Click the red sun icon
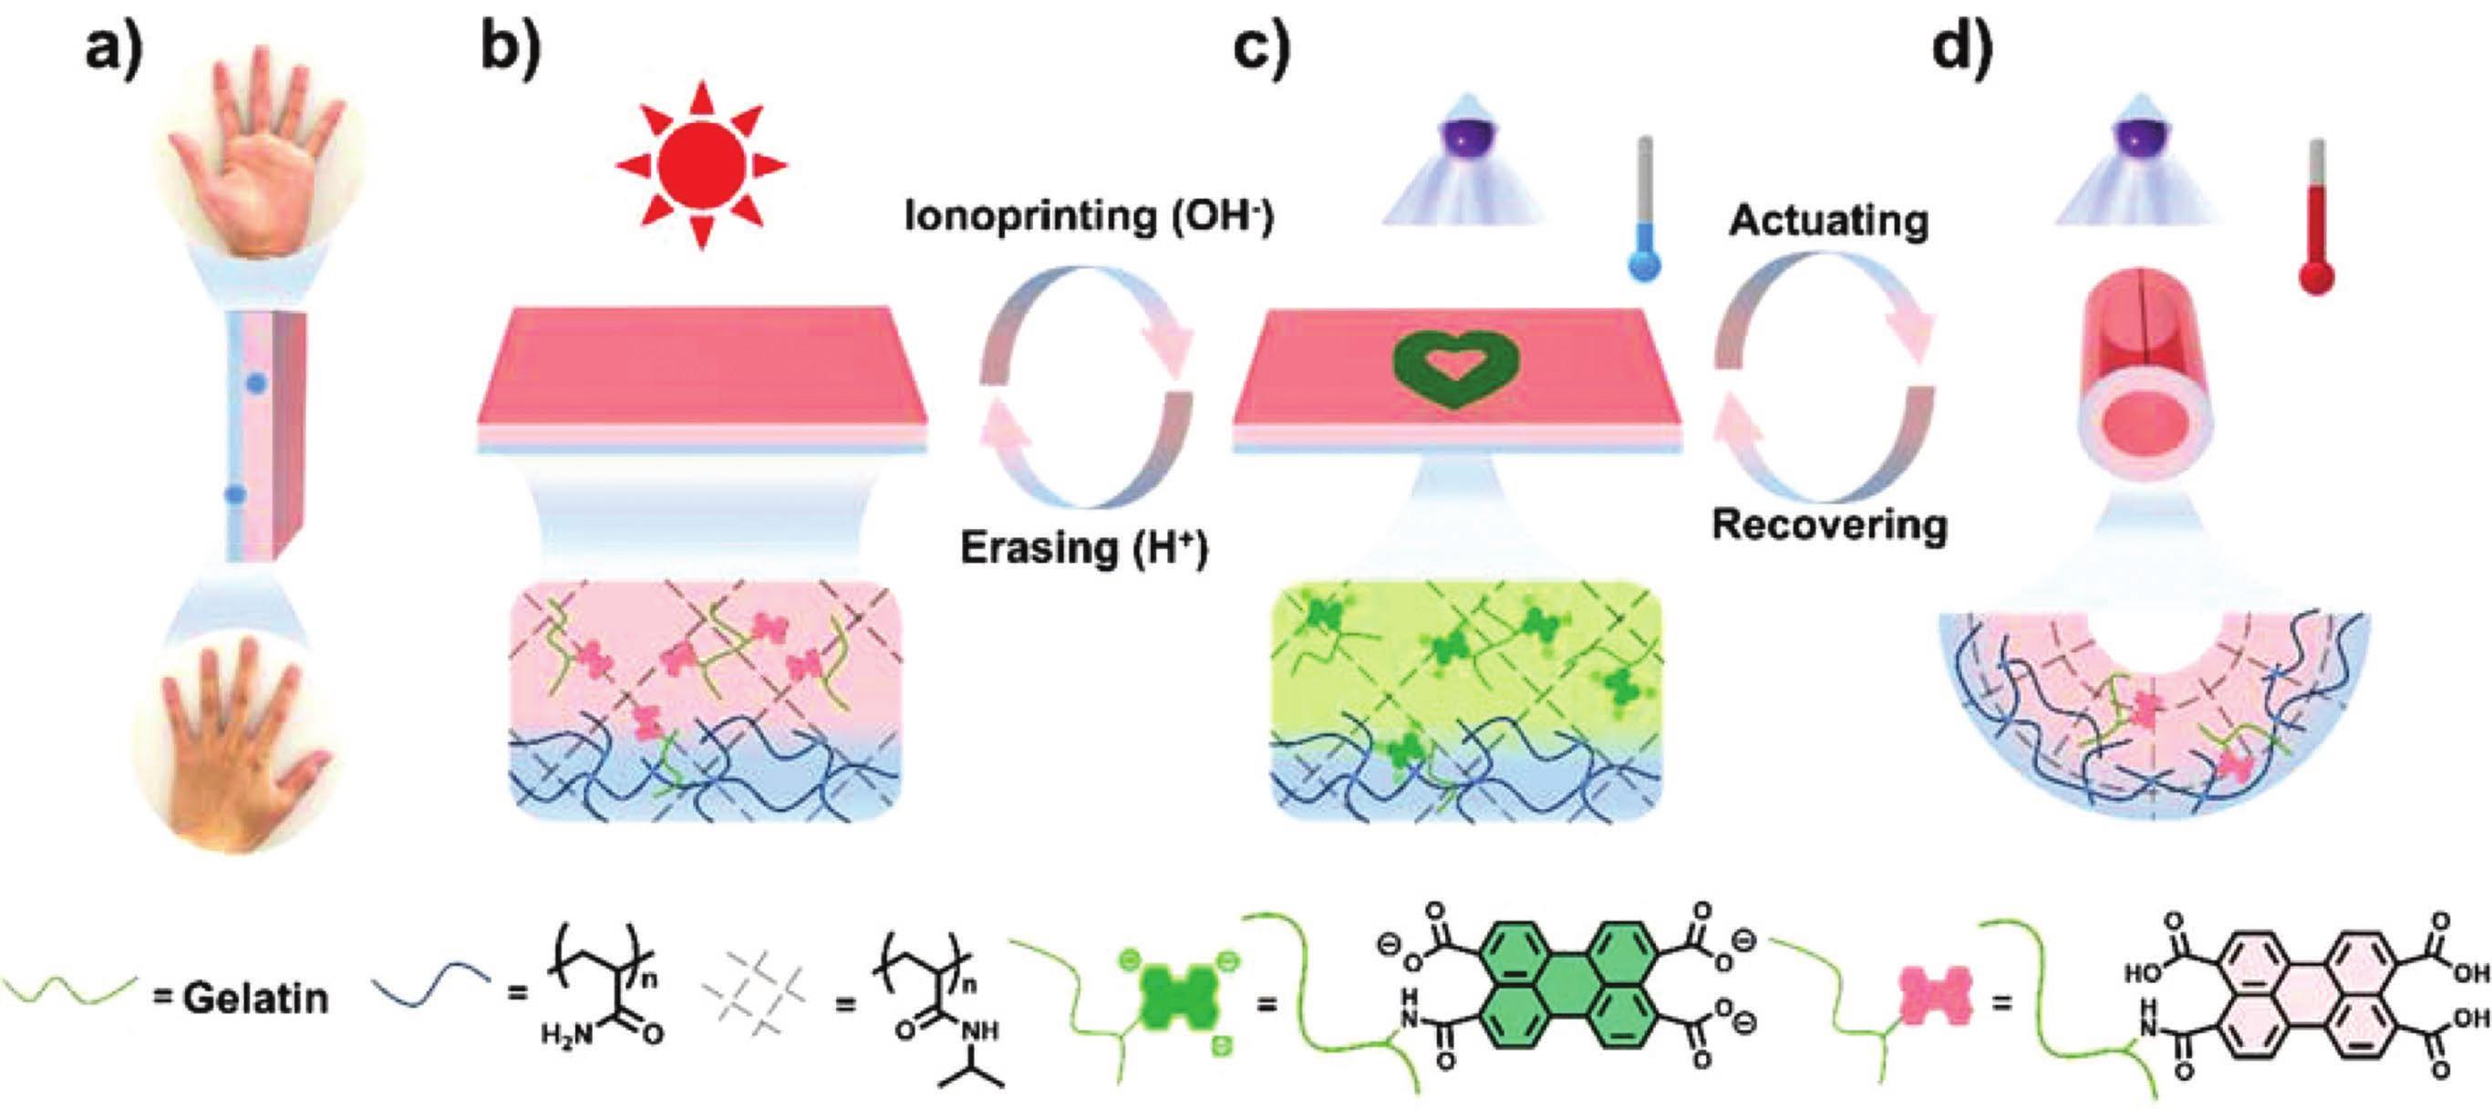pyautogui.click(x=701, y=164)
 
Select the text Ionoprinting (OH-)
pyautogui.click(x=1090, y=216)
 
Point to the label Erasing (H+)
pyautogui.click(x=1084, y=549)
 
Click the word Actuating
pyautogui.click(x=1828, y=221)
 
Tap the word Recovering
pyautogui.click(x=1829, y=525)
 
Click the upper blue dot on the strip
pyautogui.click(x=255, y=383)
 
